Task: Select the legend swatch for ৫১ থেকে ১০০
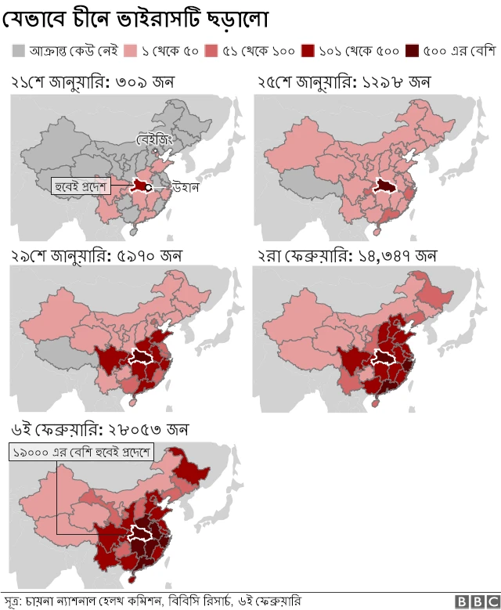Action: (211, 52)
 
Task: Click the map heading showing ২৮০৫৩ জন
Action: (99, 430)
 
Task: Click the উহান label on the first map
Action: (187, 187)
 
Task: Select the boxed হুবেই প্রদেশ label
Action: (82, 186)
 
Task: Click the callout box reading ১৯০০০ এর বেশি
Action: (83, 453)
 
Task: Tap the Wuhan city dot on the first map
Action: (148, 187)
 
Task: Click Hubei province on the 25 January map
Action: (384, 185)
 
